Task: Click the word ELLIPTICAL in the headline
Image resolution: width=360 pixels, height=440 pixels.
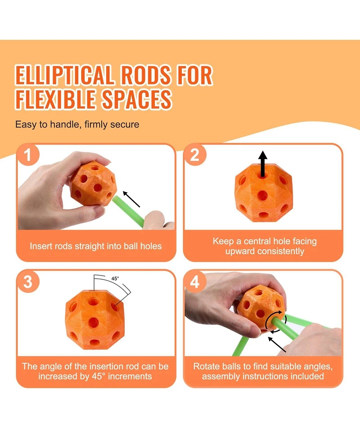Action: (x=64, y=75)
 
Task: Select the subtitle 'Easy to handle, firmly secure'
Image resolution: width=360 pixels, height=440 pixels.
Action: (x=77, y=124)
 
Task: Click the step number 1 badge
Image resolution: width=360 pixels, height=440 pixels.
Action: (x=28, y=154)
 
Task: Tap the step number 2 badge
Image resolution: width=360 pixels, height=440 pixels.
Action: (x=195, y=154)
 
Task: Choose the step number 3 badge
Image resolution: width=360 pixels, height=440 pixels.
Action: (x=28, y=281)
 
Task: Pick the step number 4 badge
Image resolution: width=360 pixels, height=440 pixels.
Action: (x=195, y=281)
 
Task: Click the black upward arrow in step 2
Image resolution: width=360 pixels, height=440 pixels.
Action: (x=263, y=164)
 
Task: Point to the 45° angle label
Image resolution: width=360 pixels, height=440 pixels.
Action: (x=115, y=278)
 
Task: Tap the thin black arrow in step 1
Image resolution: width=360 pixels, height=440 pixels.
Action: (x=131, y=199)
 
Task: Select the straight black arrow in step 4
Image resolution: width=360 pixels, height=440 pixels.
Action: (x=277, y=345)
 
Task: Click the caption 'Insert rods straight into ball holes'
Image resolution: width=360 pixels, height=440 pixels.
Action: (x=95, y=246)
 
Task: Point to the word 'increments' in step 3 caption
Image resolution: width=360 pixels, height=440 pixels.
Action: (x=130, y=376)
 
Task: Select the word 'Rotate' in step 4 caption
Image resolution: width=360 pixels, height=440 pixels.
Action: (x=207, y=366)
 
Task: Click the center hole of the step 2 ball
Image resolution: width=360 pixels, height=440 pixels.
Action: (x=263, y=195)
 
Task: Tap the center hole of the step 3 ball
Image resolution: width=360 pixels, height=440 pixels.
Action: (x=93, y=322)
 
